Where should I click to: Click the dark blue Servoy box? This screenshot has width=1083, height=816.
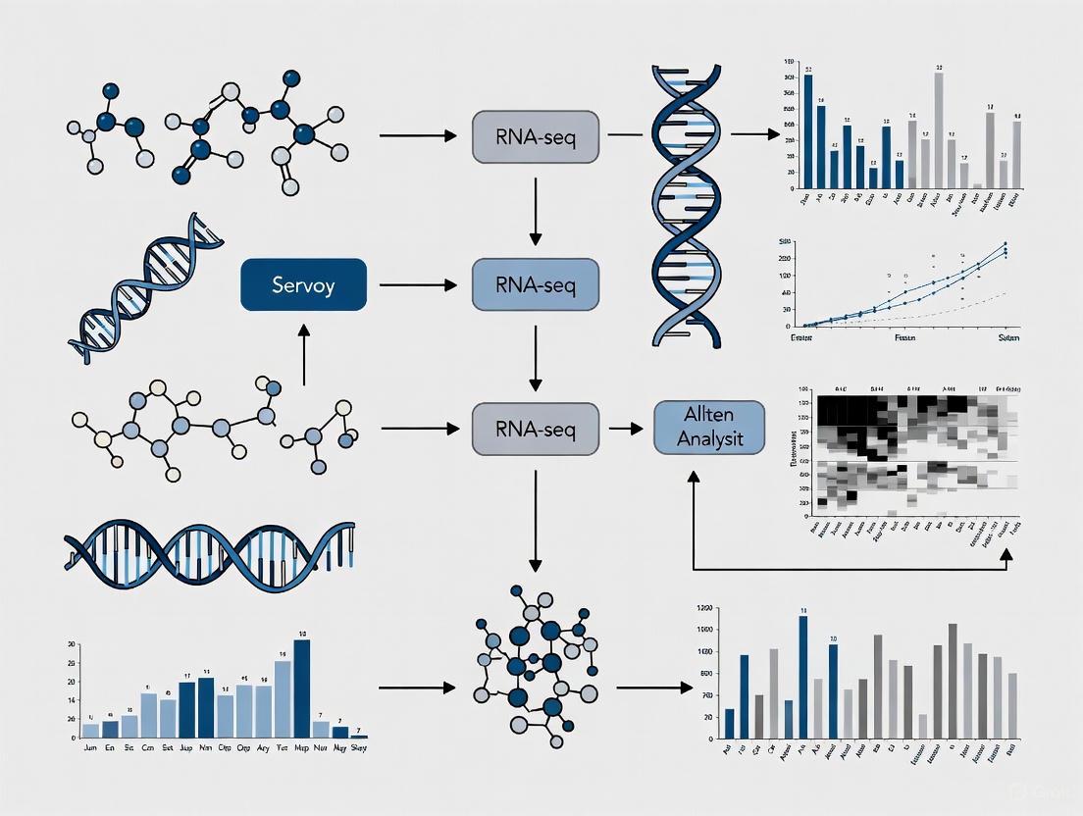[x=303, y=285]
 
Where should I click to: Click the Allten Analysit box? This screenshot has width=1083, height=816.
[x=709, y=429]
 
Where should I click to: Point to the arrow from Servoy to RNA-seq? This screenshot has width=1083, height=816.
[x=417, y=285]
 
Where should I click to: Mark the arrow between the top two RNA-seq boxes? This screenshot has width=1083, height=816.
[x=535, y=210]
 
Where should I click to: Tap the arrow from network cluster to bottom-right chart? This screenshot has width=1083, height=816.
[x=653, y=688]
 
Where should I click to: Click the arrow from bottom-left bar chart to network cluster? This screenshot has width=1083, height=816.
[x=417, y=688]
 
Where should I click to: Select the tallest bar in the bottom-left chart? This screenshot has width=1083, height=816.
[x=301, y=688]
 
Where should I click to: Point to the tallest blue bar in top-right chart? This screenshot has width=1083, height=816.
[x=808, y=130]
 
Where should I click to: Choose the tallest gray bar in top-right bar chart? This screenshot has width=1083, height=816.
[x=939, y=129]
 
